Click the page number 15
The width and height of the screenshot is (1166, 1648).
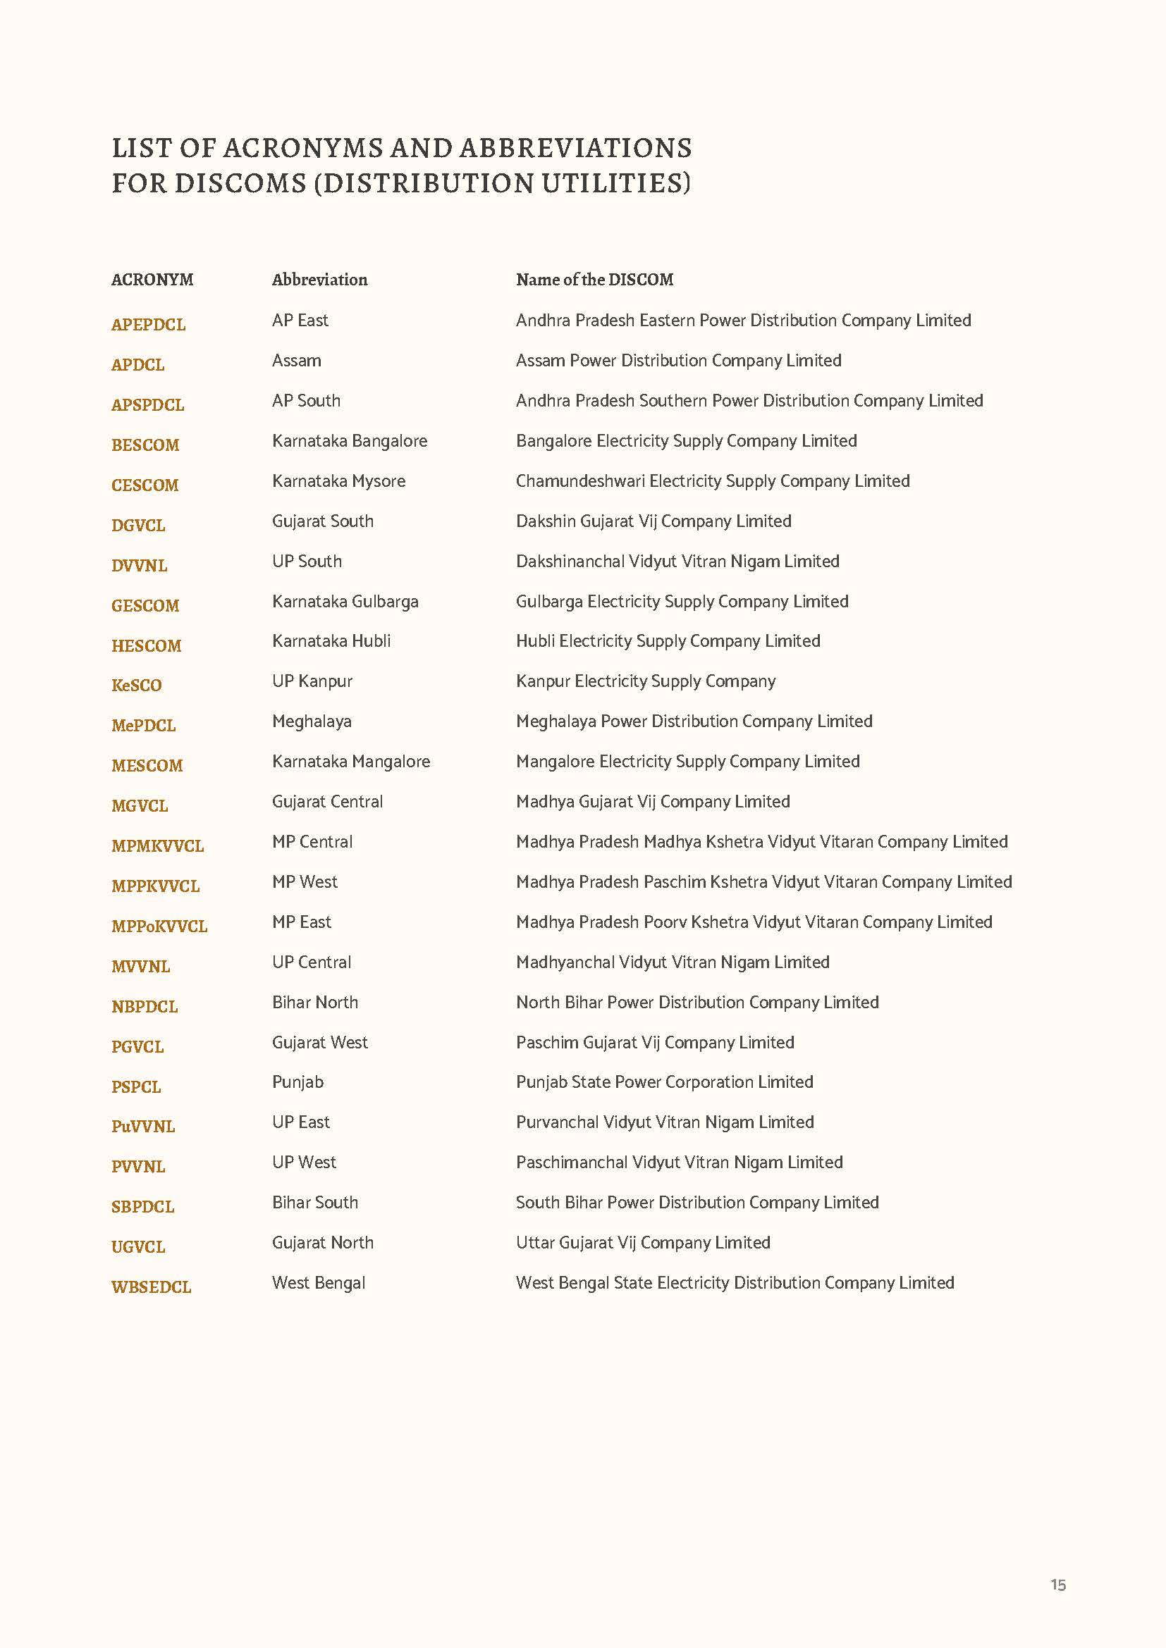coord(1057,1585)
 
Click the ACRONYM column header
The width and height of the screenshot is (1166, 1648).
coord(152,280)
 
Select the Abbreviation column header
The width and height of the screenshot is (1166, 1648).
coord(319,280)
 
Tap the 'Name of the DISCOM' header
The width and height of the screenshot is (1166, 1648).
coord(594,280)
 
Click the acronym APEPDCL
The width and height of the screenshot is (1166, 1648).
coord(149,324)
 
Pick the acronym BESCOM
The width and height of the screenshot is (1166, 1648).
coord(145,445)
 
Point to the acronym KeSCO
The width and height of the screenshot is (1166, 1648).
coord(137,686)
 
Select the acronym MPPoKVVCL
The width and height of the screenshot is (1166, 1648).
coord(159,927)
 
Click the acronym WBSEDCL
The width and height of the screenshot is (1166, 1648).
coord(152,1287)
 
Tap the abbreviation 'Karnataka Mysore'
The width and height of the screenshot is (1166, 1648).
coord(339,481)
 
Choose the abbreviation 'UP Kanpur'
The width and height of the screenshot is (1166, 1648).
coord(312,681)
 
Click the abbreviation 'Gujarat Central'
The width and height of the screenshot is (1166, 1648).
coord(327,802)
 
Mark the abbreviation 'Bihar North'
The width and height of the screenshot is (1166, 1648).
coord(315,1002)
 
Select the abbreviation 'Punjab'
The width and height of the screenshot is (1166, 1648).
coord(298,1082)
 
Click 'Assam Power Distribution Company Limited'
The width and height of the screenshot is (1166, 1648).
coord(678,360)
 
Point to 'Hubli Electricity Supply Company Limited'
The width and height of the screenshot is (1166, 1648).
coord(668,641)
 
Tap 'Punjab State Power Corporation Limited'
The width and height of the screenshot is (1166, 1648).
coord(664,1082)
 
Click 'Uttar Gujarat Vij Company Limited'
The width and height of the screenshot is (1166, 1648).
coord(643,1242)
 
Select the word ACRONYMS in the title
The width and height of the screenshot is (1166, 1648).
coord(304,148)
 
